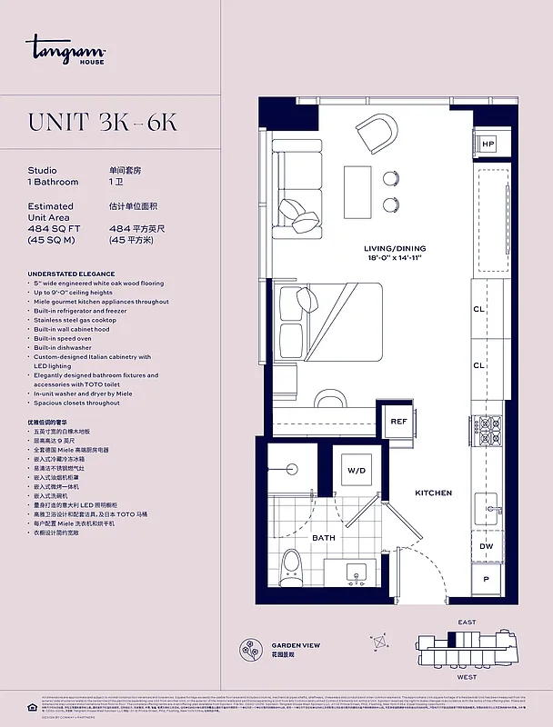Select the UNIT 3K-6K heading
(x=103, y=124)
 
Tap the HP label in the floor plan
(x=488, y=144)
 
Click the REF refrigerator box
(x=398, y=422)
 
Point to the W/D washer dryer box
(x=355, y=471)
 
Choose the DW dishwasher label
(x=487, y=547)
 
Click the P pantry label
(x=487, y=579)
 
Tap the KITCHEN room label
(x=433, y=493)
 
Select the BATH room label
(x=324, y=537)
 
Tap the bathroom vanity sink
(x=357, y=572)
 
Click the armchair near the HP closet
(x=377, y=134)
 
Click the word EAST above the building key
(x=467, y=622)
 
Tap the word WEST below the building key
(x=467, y=677)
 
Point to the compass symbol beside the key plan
(x=379, y=641)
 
